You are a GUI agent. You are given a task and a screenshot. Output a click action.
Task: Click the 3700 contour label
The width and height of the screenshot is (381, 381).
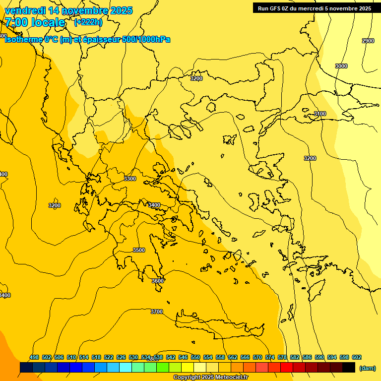coord(156,312)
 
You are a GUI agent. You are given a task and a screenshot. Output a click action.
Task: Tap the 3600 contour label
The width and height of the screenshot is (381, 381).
coord(157,281)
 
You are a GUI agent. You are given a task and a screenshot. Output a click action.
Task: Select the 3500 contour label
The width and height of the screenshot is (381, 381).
coord(139,250)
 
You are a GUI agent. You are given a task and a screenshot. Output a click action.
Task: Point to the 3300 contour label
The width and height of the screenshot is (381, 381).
coord(130,179)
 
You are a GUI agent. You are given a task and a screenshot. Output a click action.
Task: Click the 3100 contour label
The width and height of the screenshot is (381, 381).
coord(320,114)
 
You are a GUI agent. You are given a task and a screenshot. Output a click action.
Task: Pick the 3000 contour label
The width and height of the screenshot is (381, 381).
coord(341,66)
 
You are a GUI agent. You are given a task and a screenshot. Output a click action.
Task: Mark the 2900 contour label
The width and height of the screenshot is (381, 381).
coord(368,41)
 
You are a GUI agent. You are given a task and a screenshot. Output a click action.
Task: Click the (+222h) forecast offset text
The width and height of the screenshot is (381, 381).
coord(88,22)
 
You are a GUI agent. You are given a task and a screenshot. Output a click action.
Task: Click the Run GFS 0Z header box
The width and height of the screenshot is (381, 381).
coord(314,8)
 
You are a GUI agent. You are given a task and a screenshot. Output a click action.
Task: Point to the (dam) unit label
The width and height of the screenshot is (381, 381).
coord(367,368)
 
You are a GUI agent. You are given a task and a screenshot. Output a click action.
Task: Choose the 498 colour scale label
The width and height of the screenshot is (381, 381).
coord(34,357)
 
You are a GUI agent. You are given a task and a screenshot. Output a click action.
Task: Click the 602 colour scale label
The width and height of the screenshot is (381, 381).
coord(357,357)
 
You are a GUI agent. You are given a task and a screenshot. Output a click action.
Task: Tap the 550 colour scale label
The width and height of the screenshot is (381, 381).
coord(195,357)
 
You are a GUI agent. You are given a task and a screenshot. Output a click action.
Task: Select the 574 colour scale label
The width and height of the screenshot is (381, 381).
coord(270,357)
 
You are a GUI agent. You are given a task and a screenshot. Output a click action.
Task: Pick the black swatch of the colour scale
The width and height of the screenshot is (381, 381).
coord(349,368)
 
